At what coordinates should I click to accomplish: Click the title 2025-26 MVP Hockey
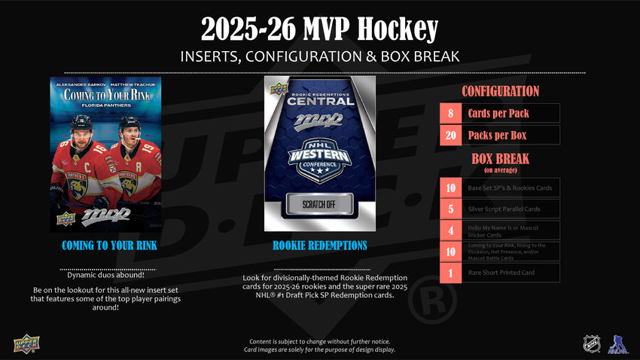coord(319,29)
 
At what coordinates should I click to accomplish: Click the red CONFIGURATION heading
coord(500,91)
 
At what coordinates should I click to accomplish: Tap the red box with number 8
coord(450,113)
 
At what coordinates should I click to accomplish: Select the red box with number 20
coord(450,135)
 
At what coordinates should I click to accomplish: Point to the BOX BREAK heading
coord(500,159)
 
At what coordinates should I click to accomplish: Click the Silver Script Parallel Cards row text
coord(504,209)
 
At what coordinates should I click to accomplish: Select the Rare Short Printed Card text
coord(501,273)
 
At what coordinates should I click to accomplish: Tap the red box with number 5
coord(450,209)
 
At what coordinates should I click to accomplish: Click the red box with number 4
coord(450,230)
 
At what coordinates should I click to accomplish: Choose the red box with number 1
coord(450,273)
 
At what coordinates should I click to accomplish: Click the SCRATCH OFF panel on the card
coord(320,205)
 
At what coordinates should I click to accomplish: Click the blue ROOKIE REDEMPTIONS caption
coord(320,246)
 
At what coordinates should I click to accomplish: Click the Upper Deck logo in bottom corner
coord(26,343)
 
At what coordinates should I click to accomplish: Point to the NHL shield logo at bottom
coord(591,343)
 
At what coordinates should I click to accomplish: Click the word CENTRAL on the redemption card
coord(320,100)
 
